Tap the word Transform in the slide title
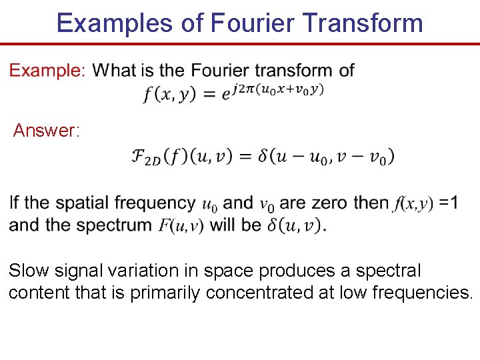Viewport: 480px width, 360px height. click(x=363, y=23)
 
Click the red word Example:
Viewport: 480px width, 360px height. click(x=47, y=70)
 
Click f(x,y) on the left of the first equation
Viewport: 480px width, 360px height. click(x=170, y=94)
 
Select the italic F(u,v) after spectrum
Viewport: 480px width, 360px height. click(x=181, y=225)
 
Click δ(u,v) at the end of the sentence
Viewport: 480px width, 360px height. click(x=295, y=225)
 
